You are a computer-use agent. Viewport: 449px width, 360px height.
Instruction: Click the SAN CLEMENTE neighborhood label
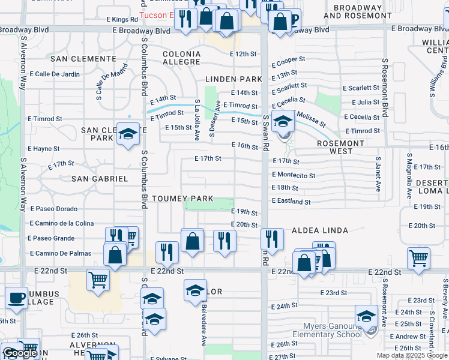coord(83,59)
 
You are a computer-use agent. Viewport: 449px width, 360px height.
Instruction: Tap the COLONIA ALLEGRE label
coord(181,58)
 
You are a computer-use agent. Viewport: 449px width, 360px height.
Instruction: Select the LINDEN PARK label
coord(234,79)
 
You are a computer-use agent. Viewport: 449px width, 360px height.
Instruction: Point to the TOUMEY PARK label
coord(179,199)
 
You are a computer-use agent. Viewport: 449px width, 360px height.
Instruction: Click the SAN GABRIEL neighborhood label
coord(100,179)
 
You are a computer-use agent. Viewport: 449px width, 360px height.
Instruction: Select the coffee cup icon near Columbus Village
coord(16,298)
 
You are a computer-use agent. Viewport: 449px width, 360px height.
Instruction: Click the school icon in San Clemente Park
coord(128,134)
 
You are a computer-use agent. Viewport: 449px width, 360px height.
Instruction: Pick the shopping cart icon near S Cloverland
coord(418,258)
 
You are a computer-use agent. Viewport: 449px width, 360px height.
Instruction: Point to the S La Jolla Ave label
coord(196,120)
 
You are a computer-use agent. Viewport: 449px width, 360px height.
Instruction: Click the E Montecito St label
coord(294,175)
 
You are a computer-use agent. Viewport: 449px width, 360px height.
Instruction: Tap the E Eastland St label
coord(291,202)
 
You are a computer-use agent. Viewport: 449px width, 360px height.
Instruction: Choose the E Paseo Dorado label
coord(53,209)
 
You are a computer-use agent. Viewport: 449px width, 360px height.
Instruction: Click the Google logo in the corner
coord(19,353)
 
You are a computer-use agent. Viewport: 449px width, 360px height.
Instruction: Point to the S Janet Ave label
coord(378,175)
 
